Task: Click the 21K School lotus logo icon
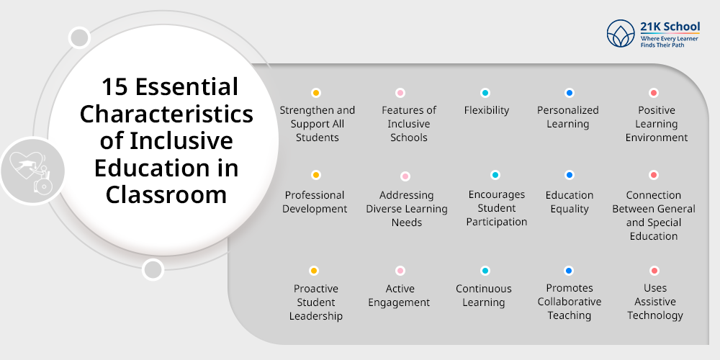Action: [x=621, y=33]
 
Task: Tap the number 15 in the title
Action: [x=115, y=87]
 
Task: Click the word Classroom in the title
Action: [x=166, y=194]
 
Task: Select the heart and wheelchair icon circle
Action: [x=32, y=171]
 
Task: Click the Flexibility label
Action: [x=487, y=110]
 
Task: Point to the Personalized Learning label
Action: [x=568, y=117]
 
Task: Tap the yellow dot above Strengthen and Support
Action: [x=315, y=93]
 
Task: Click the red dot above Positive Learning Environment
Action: [x=654, y=93]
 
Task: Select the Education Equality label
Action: [x=570, y=202]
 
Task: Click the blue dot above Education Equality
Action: [x=570, y=175]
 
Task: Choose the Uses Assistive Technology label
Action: [x=655, y=302]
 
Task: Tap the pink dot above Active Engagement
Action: [x=400, y=271]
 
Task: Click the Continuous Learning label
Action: [x=484, y=295]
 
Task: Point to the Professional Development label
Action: [x=315, y=202]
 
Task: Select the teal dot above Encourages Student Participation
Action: [x=495, y=175]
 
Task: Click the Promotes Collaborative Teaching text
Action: [x=570, y=302]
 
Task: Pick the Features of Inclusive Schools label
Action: [x=409, y=124]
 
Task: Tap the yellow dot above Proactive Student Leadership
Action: [x=314, y=271]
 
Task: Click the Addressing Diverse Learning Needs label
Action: [x=407, y=209]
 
